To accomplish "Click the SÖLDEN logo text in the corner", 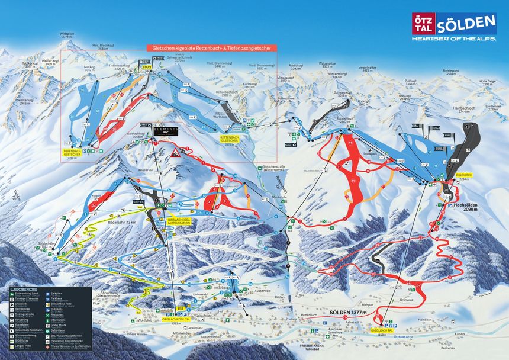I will click(x=466, y=24).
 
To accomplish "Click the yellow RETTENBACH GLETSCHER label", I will click(x=230, y=139).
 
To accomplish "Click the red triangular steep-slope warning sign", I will click(x=176, y=153).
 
